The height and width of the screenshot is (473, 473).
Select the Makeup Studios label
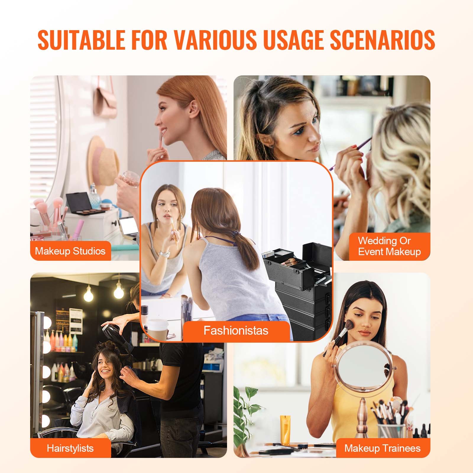pos(70,251)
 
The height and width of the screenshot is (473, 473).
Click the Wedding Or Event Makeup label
pos(389,246)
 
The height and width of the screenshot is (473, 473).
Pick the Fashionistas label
pos(236,330)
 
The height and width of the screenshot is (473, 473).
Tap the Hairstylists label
pos(70,448)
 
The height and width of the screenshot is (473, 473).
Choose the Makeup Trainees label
pos(382,448)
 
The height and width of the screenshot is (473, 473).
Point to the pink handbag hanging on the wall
pos(106,98)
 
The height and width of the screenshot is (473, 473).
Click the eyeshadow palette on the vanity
pos(84,204)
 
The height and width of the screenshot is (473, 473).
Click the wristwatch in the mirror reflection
pos(164,253)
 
